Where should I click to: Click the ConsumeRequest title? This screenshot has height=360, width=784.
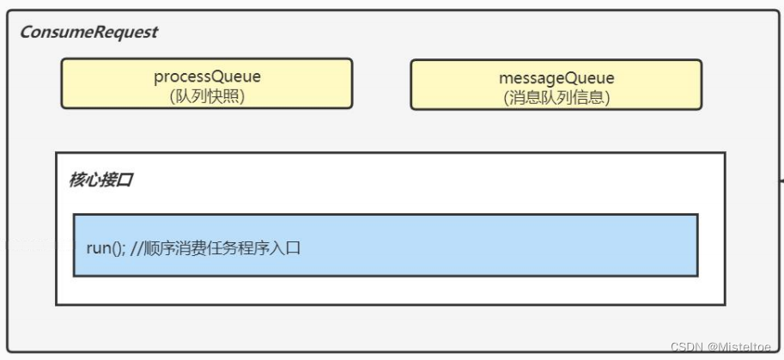[x=88, y=33]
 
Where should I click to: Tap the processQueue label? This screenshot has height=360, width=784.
[x=207, y=76]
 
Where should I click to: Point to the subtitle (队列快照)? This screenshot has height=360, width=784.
[x=207, y=96]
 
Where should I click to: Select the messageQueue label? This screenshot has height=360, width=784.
[x=556, y=78]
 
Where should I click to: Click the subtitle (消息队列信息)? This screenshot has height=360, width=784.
[x=556, y=98]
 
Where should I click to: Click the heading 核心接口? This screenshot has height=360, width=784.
[x=100, y=181]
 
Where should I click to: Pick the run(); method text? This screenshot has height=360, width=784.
[x=106, y=248]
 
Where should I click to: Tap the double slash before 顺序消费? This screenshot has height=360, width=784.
[x=137, y=248]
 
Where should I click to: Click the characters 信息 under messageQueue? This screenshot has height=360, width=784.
[x=587, y=98]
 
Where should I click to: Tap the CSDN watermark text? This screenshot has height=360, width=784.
[x=686, y=346]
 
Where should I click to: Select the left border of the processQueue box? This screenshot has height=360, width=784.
[x=61, y=83]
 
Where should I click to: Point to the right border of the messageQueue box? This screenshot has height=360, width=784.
[x=702, y=84]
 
